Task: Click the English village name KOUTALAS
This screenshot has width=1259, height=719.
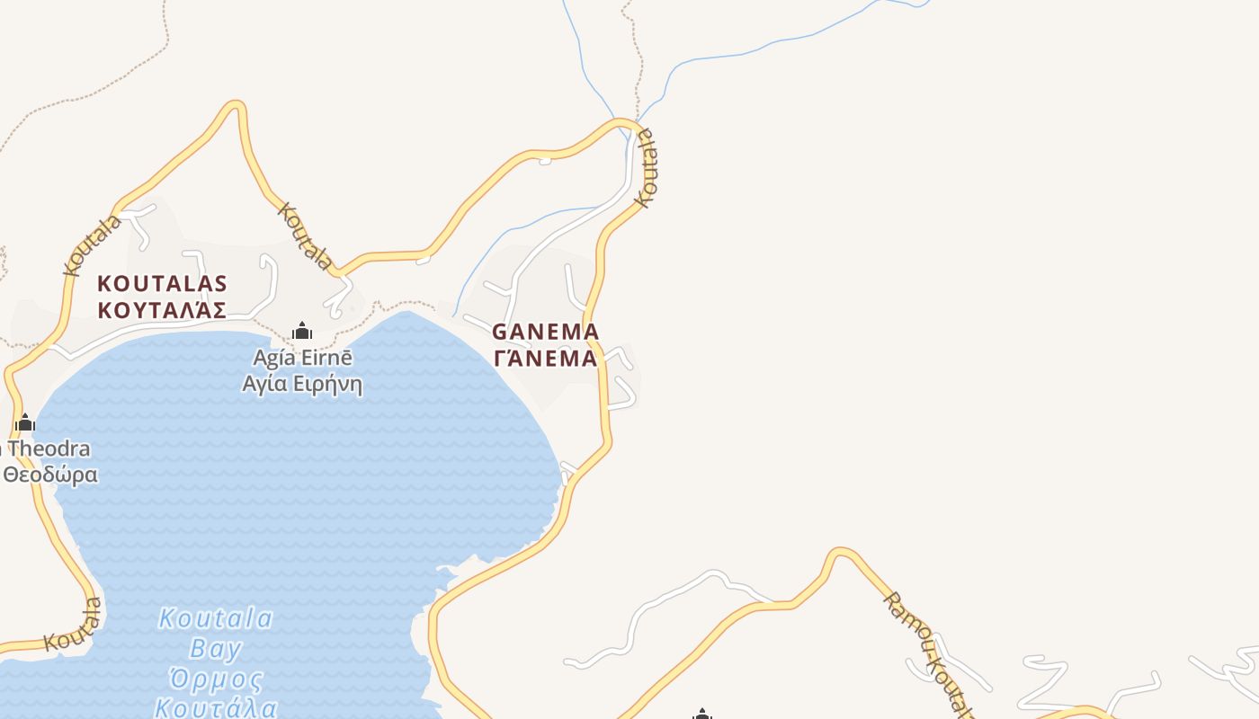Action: pos(162,284)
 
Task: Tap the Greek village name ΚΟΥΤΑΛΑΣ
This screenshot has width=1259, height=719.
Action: pos(162,311)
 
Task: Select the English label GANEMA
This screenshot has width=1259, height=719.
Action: pos(545,332)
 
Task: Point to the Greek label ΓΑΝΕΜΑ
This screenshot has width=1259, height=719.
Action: pos(545,359)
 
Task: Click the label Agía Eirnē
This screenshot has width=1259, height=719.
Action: pos(302,358)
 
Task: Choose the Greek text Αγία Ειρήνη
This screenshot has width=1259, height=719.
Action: pos(302,385)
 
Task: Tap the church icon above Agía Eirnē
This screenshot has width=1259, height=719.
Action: pos(302,331)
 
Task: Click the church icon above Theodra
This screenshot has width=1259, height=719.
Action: pos(25,422)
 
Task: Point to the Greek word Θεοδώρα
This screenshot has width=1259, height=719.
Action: pos(49,475)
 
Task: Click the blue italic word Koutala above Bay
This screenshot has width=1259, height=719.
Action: pos(216,618)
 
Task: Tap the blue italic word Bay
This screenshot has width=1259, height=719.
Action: pos(217,648)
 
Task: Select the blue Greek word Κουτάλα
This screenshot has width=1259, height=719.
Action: pos(216,707)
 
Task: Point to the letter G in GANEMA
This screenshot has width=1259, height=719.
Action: pos(500,332)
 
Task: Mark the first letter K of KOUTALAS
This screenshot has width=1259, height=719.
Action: pos(104,284)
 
